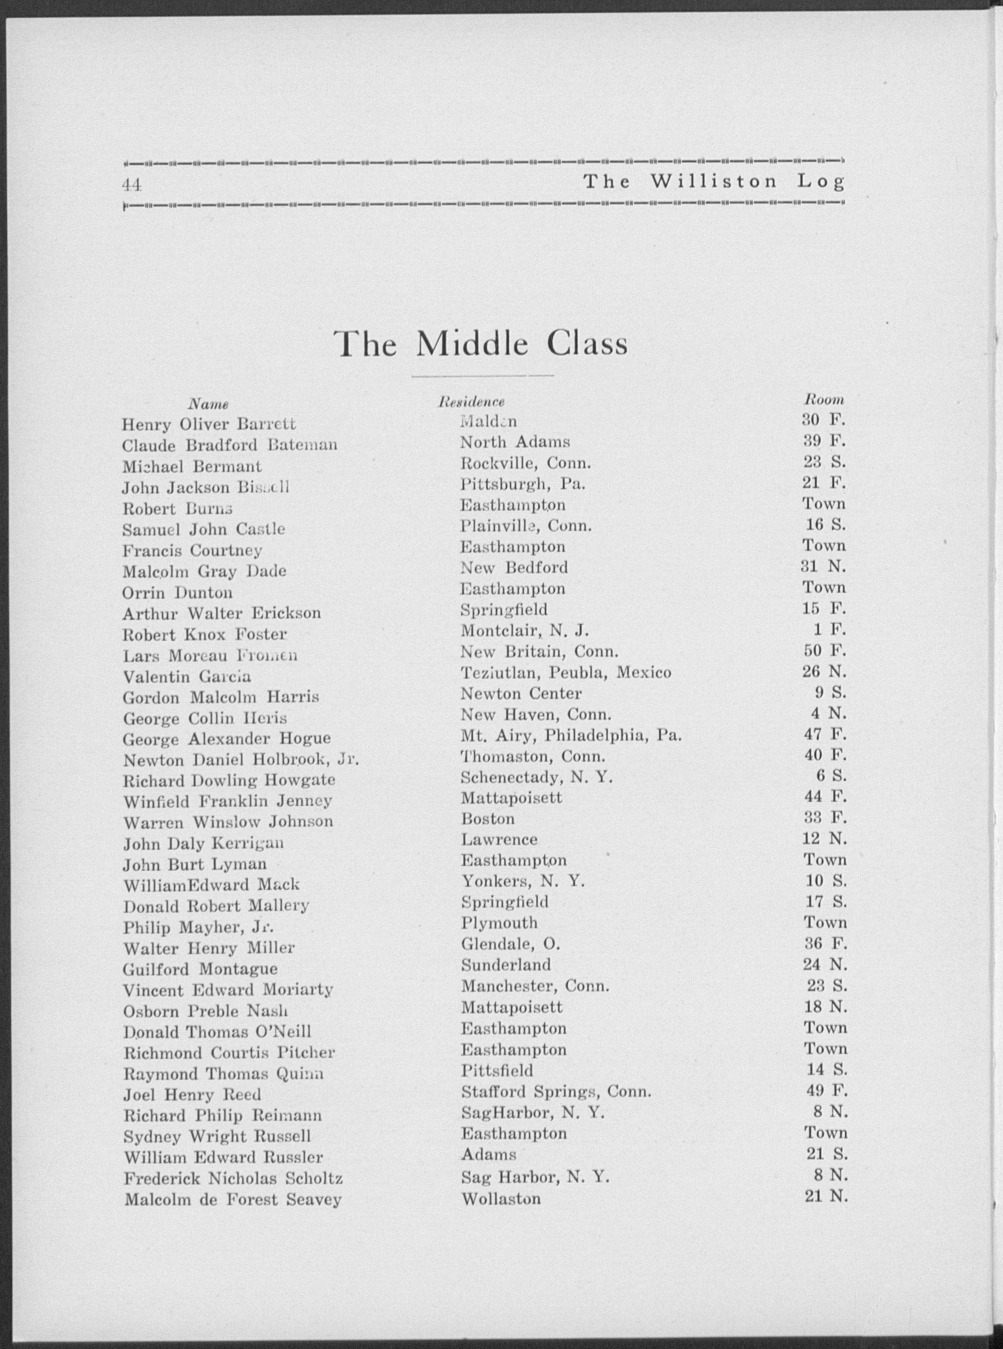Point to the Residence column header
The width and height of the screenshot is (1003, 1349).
[472, 402]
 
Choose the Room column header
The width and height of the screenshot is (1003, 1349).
[824, 399]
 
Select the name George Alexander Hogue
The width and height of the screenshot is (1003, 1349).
[227, 739]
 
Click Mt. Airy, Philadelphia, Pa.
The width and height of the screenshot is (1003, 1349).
[571, 735]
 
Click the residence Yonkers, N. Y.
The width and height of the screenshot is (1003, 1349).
[523, 881]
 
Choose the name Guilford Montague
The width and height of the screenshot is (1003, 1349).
[200, 969]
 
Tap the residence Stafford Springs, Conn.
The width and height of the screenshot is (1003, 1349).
[556, 1092]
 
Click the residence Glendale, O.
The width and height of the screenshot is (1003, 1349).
[510, 944]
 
